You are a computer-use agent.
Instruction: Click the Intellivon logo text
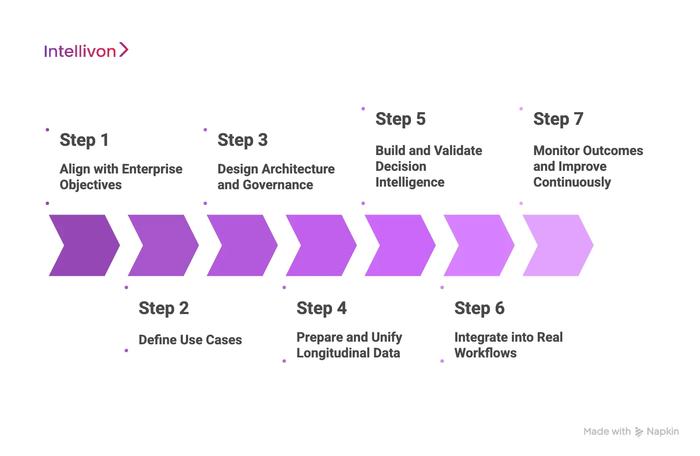80,51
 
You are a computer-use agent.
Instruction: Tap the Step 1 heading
84,140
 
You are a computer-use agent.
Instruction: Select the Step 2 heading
163,308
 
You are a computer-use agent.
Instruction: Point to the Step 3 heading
242,140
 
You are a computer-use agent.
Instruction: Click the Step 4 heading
321,308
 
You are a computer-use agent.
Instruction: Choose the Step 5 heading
400,119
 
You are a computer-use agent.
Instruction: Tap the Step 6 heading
479,308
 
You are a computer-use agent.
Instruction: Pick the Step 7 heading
558,119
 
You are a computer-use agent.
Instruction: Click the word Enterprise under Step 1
152,169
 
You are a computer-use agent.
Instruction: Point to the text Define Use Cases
190,340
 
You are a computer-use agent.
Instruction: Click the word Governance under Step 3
278,185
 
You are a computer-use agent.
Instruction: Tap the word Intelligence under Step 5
410,182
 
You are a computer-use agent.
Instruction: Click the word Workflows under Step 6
485,353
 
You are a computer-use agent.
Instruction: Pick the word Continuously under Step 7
571,182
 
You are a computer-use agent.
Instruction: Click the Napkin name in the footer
662,431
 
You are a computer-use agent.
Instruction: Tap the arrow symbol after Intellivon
124,50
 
